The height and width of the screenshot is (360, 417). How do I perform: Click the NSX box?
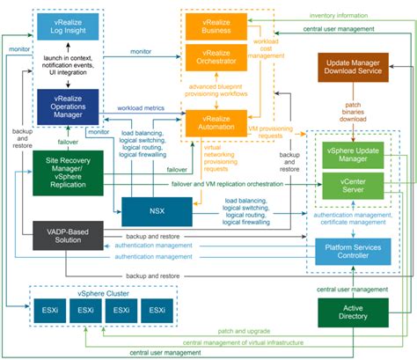coord(157,212)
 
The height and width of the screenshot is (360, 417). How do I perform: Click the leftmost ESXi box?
coord(50,311)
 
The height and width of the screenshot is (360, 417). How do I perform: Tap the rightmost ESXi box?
coord(157,311)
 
